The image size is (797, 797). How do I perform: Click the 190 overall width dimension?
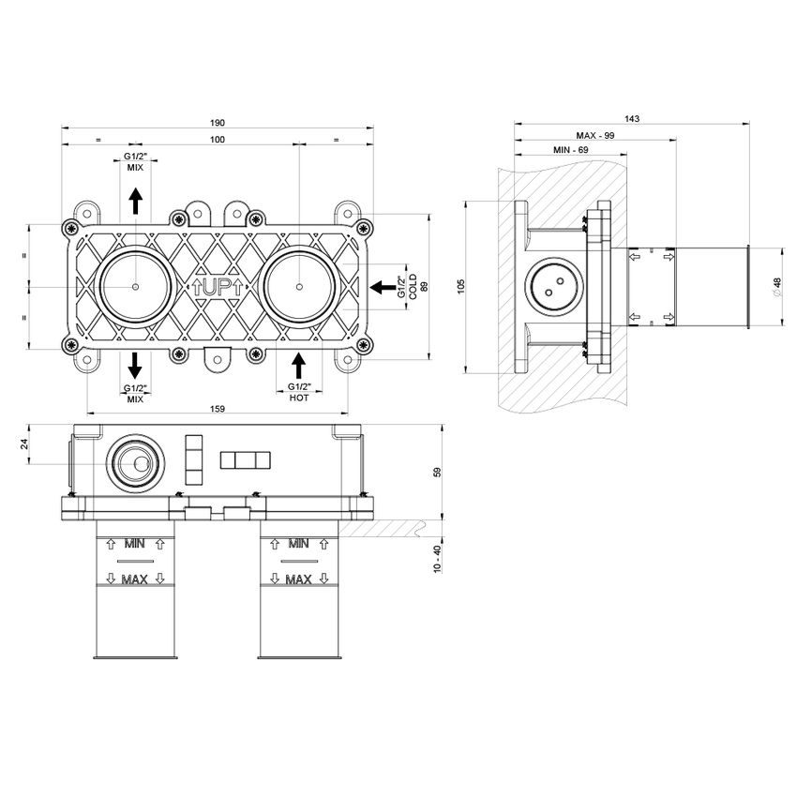[218, 122]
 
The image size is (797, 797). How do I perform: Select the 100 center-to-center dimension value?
[218, 140]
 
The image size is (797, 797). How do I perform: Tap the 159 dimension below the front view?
[218, 408]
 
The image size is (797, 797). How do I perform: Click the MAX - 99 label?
[595, 135]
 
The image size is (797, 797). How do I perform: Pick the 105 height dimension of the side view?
[460, 287]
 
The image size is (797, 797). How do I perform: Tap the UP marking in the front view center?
[217, 288]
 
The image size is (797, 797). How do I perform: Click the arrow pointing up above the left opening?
[135, 200]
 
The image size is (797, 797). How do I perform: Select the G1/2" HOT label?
[298, 392]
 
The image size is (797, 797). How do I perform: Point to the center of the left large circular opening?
[135, 285]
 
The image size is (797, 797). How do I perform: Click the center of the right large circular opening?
[298, 285]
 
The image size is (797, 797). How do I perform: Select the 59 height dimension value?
[437, 473]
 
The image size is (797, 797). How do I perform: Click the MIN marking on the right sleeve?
[299, 542]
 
